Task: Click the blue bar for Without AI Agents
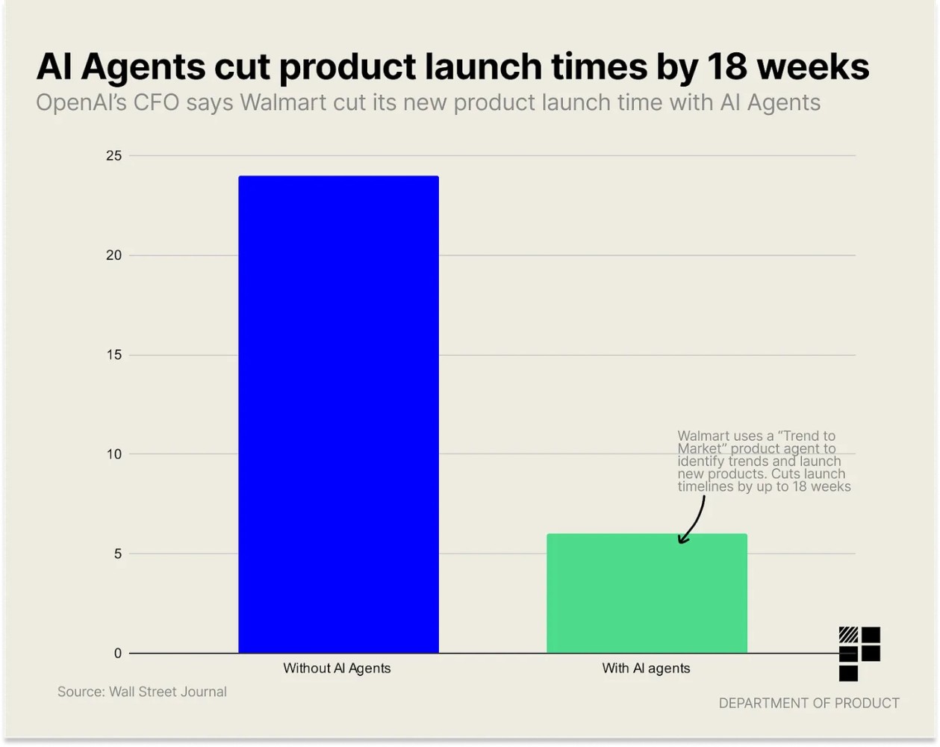338,415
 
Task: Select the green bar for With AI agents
647,594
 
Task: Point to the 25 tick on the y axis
113,155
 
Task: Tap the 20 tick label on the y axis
113,255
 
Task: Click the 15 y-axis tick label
113,355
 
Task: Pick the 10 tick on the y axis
113,454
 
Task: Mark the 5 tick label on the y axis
118,554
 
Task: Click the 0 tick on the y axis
118,654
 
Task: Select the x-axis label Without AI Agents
337,669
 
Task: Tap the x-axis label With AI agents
646,669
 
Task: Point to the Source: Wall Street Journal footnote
142,692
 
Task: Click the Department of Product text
809,703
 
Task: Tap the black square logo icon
859,653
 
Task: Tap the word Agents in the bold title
143,66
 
